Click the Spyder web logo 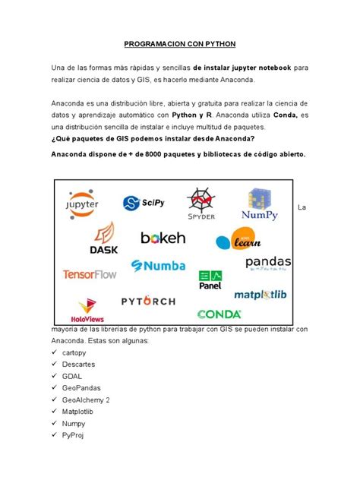pos(202,204)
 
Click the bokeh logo pos(163,238)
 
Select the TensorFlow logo pos(90,273)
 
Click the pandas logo pos(268,264)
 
